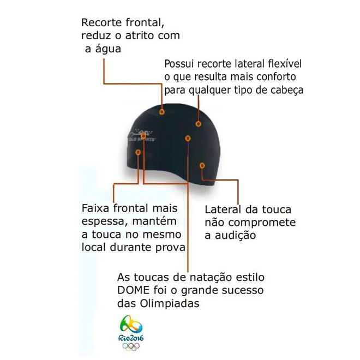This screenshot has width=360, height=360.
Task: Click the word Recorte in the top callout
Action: coord(101,23)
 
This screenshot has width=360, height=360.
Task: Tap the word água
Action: coord(108,49)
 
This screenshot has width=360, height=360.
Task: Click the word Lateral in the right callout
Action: coord(223,210)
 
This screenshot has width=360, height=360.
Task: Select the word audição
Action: coord(235,236)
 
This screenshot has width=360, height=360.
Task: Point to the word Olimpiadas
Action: coord(170,303)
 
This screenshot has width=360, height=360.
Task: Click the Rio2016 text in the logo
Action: coord(131,338)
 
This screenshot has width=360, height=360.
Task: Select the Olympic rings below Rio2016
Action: coord(131,346)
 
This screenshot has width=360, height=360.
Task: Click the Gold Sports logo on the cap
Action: coord(141,136)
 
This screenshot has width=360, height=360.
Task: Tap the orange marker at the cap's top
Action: coord(162,112)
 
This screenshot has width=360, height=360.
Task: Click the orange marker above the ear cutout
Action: coord(202,165)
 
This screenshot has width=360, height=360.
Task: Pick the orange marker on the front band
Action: coord(138,152)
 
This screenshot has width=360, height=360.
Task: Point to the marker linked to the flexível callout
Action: coord(199,124)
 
